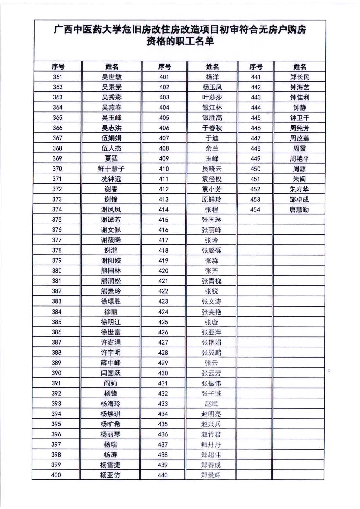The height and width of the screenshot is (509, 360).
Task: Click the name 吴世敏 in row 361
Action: point(112,77)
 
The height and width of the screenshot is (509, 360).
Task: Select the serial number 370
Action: point(57,169)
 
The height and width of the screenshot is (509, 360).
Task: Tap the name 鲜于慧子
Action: point(111,169)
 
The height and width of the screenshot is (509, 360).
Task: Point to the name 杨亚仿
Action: point(110,475)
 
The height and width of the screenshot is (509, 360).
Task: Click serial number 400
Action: point(56,475)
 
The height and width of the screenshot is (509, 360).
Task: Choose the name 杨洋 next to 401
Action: point(212,77)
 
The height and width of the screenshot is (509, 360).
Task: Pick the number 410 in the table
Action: point(164,169)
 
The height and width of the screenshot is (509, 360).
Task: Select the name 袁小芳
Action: point(212,189)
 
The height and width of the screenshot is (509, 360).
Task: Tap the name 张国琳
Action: point(211,220)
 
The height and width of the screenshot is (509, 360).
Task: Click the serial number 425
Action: point(163,322)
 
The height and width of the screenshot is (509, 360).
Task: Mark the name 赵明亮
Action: point(211,414)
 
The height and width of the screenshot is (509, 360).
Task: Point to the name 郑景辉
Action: point(211,475)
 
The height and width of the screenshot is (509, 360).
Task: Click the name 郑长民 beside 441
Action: point(300,77)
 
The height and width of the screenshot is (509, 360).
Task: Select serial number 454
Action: point(255,209)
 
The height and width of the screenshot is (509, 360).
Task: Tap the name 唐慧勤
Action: point(299,209)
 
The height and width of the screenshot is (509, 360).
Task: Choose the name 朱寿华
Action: point(299,189)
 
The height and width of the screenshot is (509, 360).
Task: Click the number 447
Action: point(256,138)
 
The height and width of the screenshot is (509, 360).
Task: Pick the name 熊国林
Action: point(111,271)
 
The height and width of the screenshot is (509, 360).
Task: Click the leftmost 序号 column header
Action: point(58,67)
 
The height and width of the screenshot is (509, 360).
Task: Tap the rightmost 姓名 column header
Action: point(300,67)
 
